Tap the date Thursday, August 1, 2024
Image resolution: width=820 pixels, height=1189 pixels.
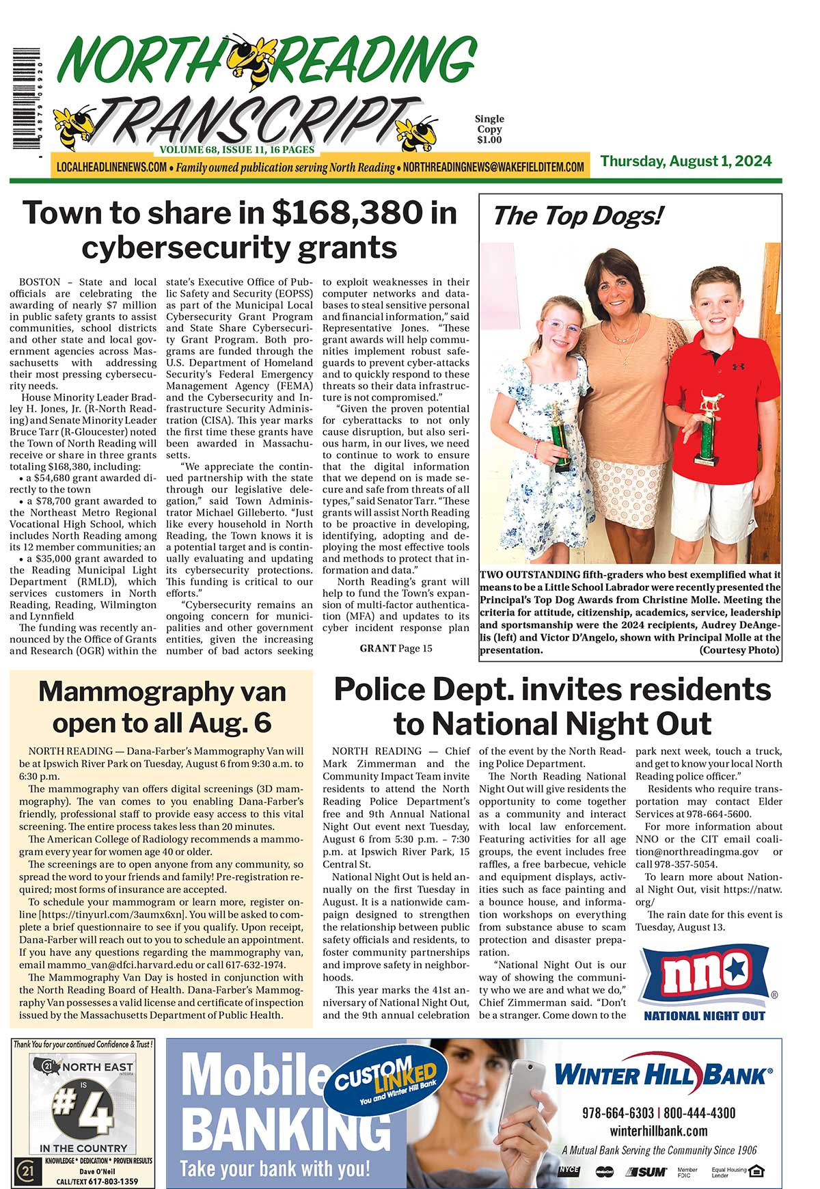(686, 161)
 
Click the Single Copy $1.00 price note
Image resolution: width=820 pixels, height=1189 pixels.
(489, 129)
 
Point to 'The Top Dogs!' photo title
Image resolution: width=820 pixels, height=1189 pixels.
(577, 216)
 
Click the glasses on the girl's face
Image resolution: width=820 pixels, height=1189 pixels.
(562, 326)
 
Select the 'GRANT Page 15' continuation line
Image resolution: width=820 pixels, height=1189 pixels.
(396, 648)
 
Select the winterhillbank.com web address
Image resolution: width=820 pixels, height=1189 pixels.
(659, 1131)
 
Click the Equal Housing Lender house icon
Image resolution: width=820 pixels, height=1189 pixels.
(756, 1171)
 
